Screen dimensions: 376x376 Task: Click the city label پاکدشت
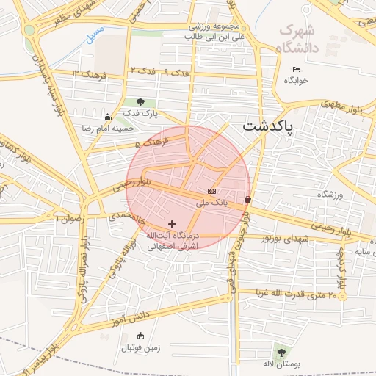[268, 127]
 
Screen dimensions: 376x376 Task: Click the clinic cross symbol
[173, 224]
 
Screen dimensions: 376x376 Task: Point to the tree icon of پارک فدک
[140, 103]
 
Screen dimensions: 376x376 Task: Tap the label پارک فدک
[140, 113]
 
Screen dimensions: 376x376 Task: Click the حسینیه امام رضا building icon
[108, 117]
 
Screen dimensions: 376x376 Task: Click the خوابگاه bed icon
[296, 70]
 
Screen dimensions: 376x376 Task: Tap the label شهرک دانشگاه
[300, 39]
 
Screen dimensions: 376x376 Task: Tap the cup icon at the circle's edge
[247, 199]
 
